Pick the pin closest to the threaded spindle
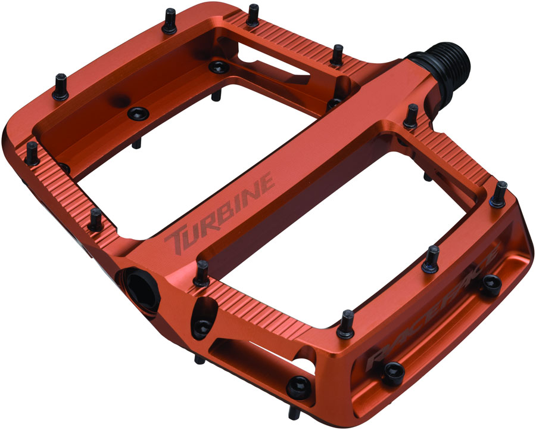click(411, 116)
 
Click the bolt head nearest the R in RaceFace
click(394, 372)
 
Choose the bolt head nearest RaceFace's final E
click(491, 285)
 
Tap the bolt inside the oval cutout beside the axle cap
click(203, 325)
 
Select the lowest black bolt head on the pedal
click(296, 388)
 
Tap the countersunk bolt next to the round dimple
click(138, 113)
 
